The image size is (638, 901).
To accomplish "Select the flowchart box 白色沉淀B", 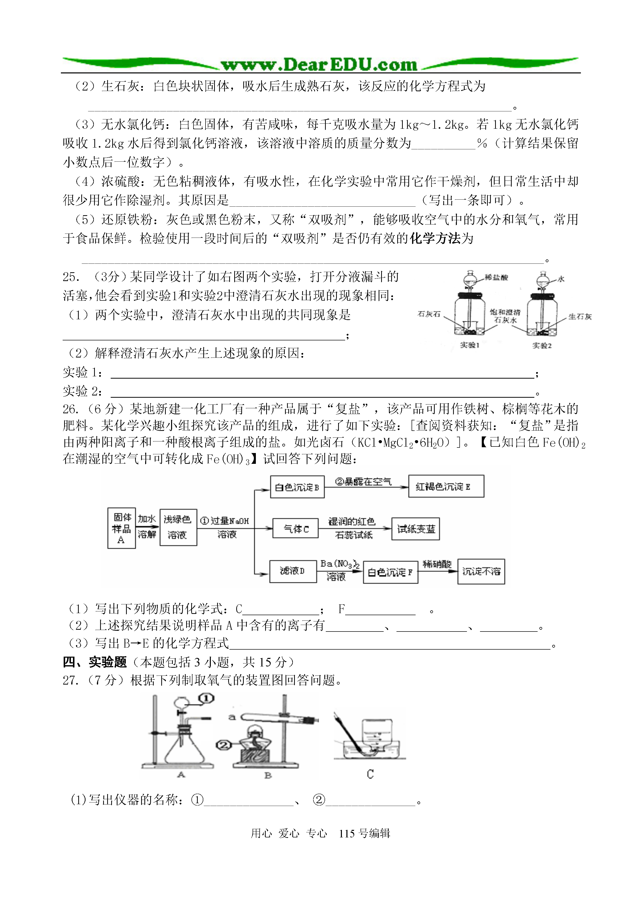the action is (297, 487).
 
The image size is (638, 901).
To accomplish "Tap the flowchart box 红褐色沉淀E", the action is (446, 486).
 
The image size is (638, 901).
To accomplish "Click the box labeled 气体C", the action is (295, 528).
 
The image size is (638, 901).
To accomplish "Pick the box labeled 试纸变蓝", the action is (416, 529).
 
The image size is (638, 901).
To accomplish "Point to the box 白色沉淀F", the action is (390, 572).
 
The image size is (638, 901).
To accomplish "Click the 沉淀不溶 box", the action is (481, 572).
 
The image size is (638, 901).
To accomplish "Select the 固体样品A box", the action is (122, 528).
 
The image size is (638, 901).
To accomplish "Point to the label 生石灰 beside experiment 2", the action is (580, 317).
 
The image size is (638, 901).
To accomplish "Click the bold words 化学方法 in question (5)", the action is (435, 238).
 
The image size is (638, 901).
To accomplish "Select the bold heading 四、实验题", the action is (95, 662).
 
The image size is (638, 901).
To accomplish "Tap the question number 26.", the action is (71, 410).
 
